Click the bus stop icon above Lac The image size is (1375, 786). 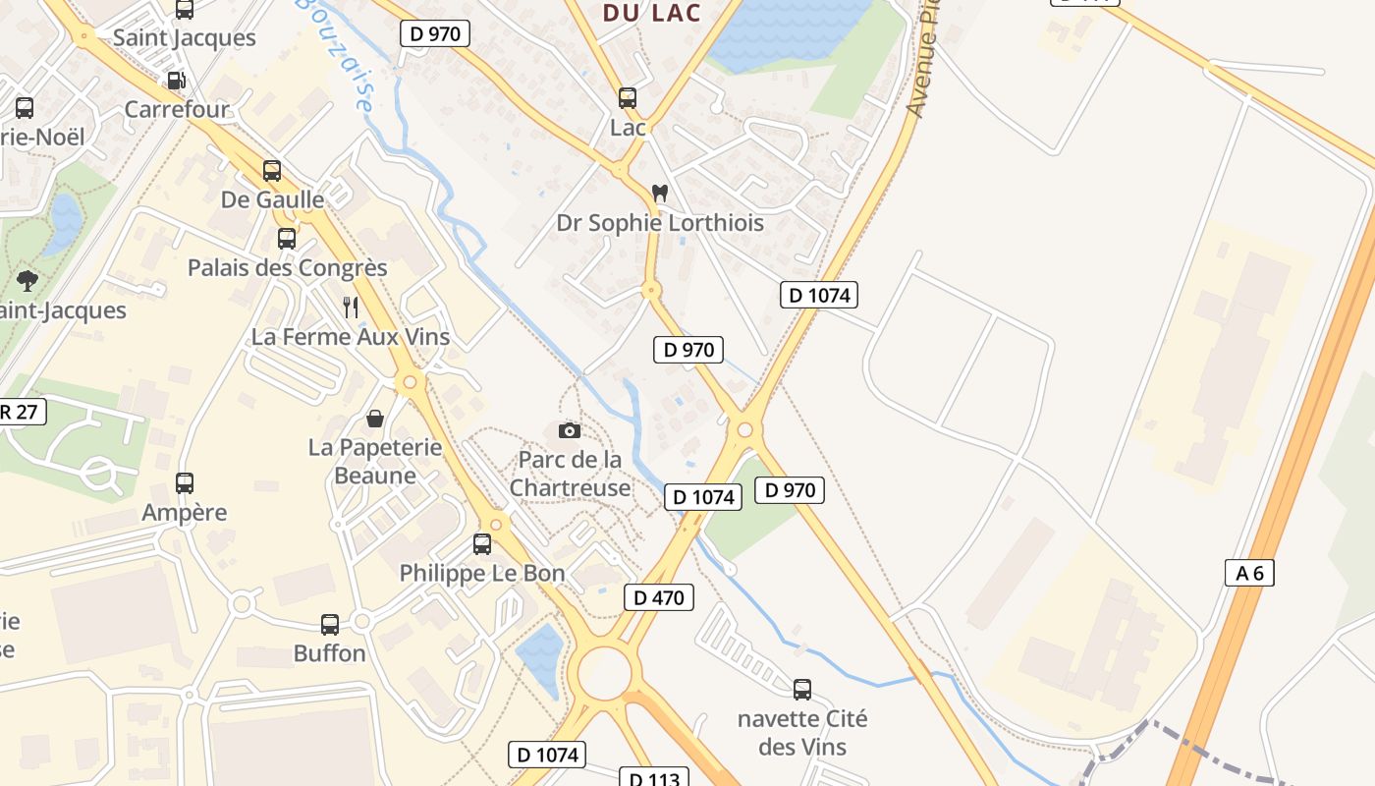tap(628, 98)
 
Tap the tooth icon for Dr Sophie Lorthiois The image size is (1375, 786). tap(659, 194)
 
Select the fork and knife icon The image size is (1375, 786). tap(351, 308)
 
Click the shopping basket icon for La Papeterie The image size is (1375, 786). tap(374, 420)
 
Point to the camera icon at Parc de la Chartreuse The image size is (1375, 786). tap(569, 430)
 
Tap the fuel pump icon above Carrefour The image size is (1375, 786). tap(176, 81)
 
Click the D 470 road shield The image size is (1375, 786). tap(659, 597)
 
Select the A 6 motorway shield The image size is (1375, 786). tap(1249, 573)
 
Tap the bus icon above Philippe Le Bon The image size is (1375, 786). tap(481, 544)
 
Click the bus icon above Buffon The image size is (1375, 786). tap(330, 625)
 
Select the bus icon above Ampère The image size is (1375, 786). tap(185, 483)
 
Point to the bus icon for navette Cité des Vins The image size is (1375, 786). tap(802, 690)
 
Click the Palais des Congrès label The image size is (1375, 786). tap(288, 267)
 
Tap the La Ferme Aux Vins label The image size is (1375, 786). tap(351, 337)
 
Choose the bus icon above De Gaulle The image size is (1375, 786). tap(272, 171)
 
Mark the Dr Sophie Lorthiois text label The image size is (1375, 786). tap(660, 223)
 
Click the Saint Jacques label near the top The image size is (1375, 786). tap(185, 38)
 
